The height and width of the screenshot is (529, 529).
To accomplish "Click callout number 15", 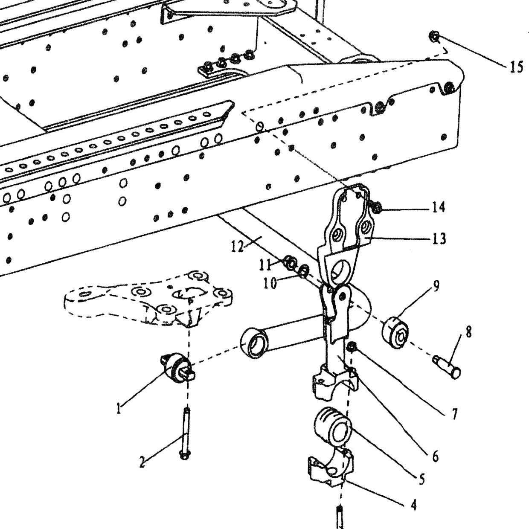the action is point(516,67).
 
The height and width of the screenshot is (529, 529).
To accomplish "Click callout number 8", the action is point(468,331).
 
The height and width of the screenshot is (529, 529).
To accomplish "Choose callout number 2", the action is point(142,462).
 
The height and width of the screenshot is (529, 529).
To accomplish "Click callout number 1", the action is point(118,408).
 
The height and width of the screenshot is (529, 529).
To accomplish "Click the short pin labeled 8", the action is point(447,366).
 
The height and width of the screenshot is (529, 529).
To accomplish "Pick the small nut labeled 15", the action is point(434,37).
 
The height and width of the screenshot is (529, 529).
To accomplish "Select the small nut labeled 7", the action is point(352,347).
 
